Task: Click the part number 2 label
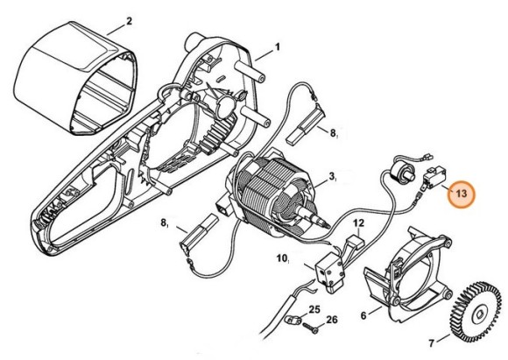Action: point(129,20)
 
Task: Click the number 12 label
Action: point(357,225)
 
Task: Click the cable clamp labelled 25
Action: point(296,318)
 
